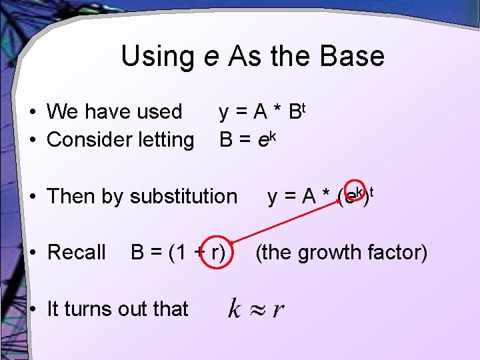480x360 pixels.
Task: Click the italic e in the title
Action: [x=211, y=57]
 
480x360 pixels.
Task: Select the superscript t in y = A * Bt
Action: [x=301, y=105]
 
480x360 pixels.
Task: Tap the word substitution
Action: [x=183, y=196]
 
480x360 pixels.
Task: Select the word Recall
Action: [x=77, y=252]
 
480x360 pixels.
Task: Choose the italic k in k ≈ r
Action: [x=234, y=308]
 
